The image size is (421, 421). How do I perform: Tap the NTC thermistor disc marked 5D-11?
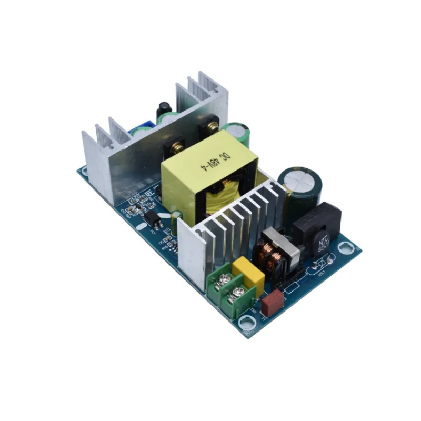point(322,245)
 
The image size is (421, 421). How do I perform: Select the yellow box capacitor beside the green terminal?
point(248,274)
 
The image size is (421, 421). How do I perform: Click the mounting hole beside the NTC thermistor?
point(346,246)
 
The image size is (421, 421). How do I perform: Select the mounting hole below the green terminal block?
point(245,322)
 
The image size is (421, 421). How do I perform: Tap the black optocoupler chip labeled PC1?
point(149,217)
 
